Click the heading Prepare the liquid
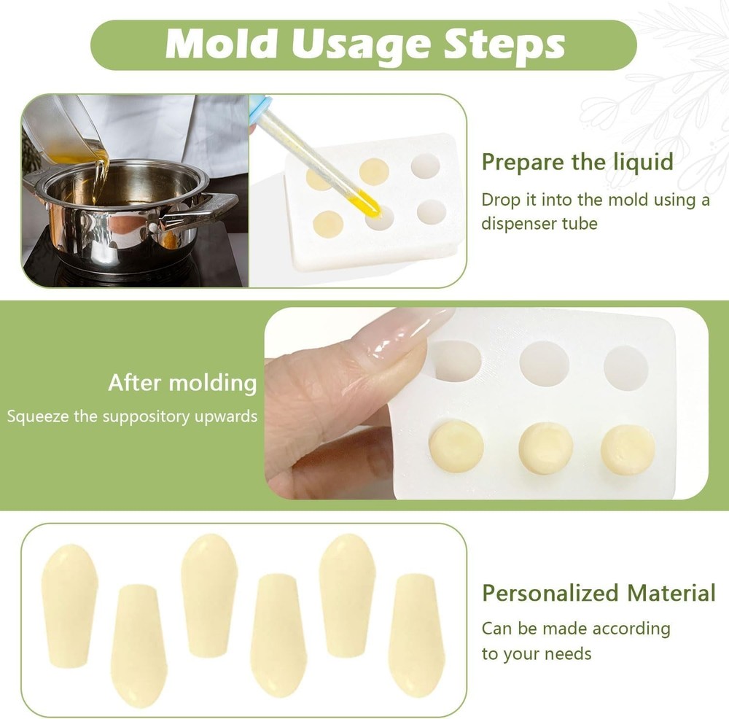(577, 161)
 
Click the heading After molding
(182, 382)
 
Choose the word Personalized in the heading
(547, 593)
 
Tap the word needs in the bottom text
(569, 653)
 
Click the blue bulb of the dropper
(260, 106)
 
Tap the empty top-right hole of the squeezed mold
(625, 367)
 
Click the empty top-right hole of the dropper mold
(425, 166)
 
